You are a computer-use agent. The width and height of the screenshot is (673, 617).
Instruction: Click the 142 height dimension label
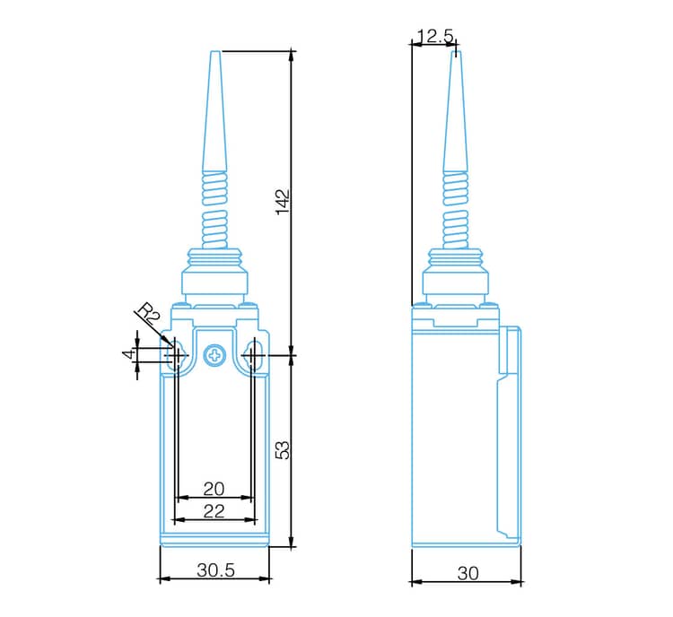click(283, 201)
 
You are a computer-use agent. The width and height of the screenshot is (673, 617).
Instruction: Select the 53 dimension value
click(283, 449)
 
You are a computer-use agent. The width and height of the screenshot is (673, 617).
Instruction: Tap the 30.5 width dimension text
click(215, 570)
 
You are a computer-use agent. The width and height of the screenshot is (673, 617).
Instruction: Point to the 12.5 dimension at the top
click(435, 36)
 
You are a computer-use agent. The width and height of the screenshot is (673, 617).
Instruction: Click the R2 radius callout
click(148, 316)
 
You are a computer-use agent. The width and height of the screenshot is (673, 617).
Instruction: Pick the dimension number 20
click(214, 489)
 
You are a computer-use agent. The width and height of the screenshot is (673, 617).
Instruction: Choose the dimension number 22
click(214, 511)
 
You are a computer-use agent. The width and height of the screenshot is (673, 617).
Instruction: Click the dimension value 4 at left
click(127, 355)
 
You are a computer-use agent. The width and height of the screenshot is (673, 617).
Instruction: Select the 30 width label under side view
click(468, 573)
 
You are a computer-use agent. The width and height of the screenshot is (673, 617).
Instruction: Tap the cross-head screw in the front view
click(214, 356)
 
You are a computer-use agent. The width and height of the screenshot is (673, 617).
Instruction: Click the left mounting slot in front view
click(175, 356)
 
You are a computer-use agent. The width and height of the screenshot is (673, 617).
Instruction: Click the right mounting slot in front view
click(254, 356)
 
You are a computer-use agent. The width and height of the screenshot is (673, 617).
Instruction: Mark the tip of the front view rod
click(214, 54)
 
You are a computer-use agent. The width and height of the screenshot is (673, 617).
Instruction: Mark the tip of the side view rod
click(456, 54)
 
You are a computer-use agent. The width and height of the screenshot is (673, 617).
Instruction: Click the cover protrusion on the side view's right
click(510, 350)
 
